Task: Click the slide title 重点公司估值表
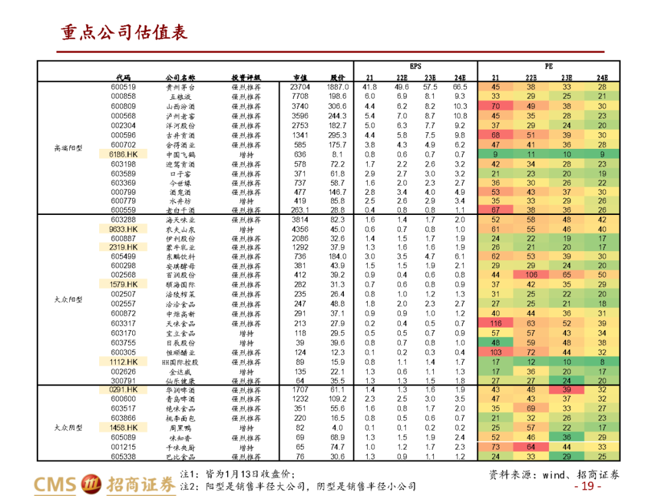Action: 124,32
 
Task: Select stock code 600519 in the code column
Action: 123,87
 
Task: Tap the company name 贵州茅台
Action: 181,88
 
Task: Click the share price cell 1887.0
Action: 337,87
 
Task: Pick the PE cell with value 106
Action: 531,275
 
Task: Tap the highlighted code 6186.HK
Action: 124,155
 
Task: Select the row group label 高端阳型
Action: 67,148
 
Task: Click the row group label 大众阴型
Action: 67,428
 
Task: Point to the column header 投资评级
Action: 246,78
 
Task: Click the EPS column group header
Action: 416,66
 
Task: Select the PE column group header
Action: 548,66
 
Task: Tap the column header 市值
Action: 301,78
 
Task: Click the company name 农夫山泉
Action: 181,230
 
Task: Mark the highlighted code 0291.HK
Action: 124,389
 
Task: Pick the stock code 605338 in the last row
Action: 123,456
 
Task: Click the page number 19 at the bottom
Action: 587,486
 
